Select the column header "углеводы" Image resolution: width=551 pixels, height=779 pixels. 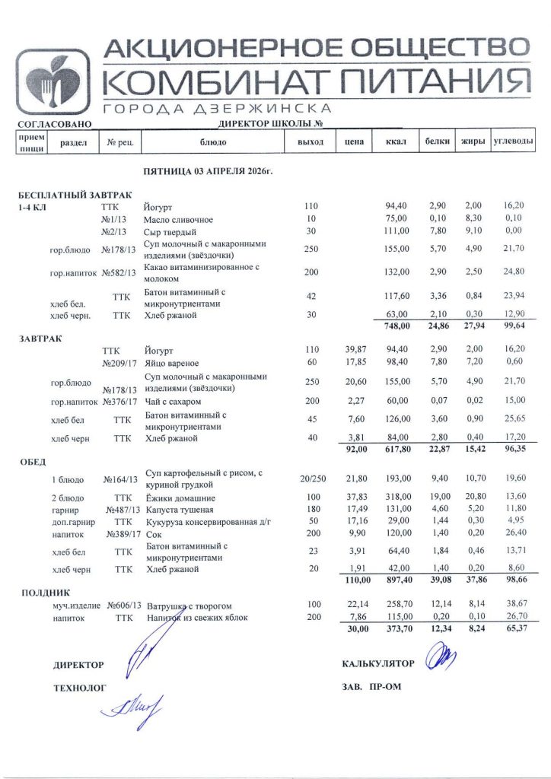513,141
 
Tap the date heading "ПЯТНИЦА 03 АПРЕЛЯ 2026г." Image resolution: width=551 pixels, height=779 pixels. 208,172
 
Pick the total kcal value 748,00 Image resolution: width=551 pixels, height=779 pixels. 397,326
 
